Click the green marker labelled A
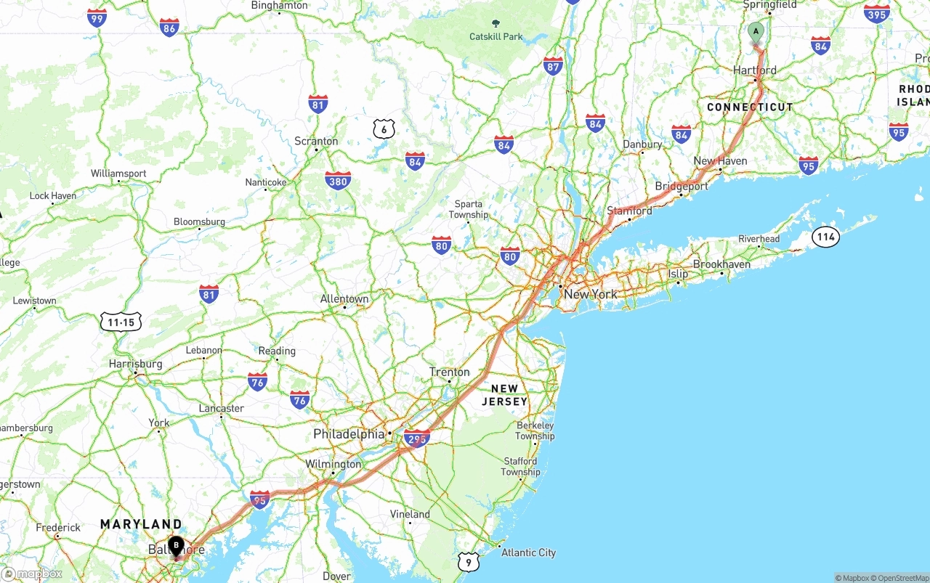[756, 32]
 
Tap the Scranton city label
[316, 141]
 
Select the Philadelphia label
[349, 434]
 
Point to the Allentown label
[344, 298]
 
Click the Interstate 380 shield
[338, 180]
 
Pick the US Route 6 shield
[384, 130]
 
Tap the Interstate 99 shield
[97, 17]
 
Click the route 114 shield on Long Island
[825, 237]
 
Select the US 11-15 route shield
[121, 322]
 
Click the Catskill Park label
[496, 36]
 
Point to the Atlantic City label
[528, 553]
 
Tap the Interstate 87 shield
[553, 66]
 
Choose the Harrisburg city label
[135, 364]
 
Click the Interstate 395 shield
[877, 13]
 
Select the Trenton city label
[449, 372]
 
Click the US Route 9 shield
[469, 561]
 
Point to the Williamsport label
[118, 174]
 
